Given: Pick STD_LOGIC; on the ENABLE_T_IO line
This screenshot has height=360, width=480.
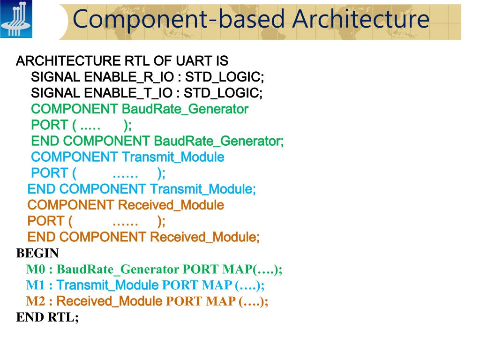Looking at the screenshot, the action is [223, 93].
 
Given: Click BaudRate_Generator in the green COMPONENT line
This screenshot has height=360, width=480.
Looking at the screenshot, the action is [185, 109].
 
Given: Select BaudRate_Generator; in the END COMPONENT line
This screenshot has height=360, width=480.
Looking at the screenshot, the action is [218, 141].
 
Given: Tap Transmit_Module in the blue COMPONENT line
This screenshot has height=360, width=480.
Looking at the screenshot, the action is [172, 157].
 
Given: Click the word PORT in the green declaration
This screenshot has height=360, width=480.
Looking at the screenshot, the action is [49, 125].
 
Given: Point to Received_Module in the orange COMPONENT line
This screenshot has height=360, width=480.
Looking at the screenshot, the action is [171, 205].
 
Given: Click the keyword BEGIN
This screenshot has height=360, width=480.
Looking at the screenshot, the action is [37, 254].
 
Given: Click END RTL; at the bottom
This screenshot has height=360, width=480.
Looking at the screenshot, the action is [48, 317].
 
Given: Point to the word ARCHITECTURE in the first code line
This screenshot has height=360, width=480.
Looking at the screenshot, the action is [68, 61].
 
